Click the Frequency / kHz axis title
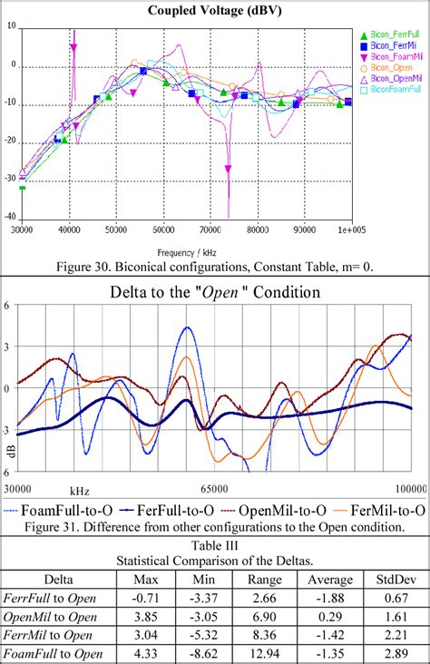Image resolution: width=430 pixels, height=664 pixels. (191, 250)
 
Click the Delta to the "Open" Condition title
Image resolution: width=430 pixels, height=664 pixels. (214, 293)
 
